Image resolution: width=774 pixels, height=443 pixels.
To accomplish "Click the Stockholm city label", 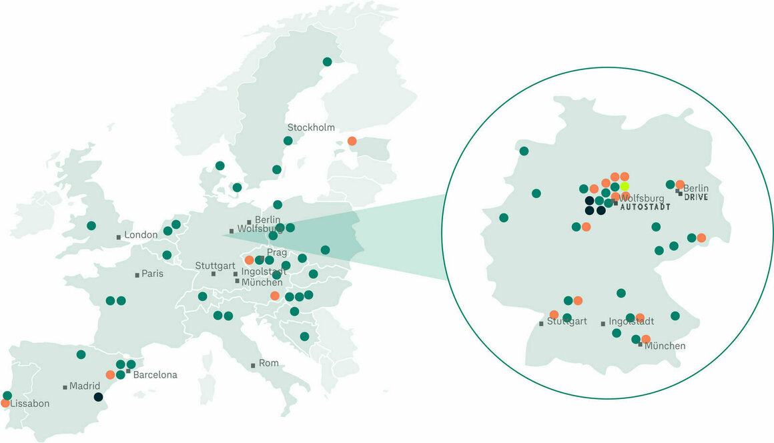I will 311,127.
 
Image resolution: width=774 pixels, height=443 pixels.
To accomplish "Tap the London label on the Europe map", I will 141,235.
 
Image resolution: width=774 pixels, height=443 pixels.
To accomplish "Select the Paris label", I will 152,274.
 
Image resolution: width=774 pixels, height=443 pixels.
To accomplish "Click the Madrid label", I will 85,386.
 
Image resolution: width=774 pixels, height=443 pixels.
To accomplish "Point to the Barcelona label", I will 155,375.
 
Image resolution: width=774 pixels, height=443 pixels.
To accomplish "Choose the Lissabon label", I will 31,404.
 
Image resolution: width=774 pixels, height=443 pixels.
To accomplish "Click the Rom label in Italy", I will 269,364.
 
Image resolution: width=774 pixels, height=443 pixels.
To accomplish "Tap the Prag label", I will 277,252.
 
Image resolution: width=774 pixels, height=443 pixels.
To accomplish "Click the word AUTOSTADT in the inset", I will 645,207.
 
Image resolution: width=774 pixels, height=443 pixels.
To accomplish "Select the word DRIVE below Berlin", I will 695,198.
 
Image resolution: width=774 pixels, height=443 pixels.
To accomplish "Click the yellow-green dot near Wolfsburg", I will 625,186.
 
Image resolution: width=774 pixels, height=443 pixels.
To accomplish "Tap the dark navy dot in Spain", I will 99,397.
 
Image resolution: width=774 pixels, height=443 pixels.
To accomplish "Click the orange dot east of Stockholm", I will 352,141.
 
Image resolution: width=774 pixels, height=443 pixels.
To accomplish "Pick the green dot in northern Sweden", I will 327,61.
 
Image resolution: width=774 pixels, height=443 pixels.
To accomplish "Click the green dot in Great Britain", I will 91,226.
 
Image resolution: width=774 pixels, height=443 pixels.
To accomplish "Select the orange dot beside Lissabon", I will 5,403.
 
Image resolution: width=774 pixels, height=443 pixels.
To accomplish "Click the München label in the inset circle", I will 665,346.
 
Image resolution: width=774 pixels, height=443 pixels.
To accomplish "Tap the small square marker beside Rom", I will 253,366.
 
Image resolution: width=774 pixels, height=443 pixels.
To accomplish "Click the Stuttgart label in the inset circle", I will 567,322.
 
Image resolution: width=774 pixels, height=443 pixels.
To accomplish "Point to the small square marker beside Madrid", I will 65,387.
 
